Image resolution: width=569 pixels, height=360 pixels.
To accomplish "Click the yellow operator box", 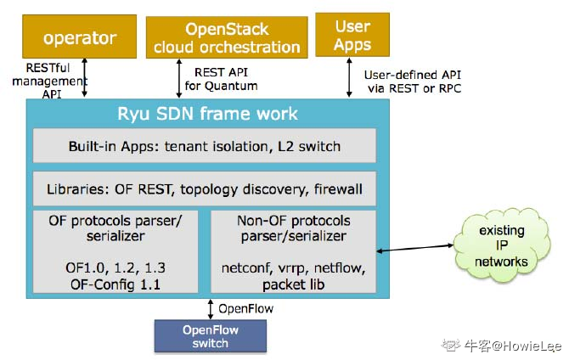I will pyautogui.click(x=79, y=38).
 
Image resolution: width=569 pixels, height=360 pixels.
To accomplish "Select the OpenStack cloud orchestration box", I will pyautogui.click(x=225, y=37).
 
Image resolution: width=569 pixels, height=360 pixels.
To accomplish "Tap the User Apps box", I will pyautogui.click(x=352, y=35).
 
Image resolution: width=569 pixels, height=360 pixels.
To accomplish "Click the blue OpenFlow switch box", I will pyautogui.click(x=210, y=336).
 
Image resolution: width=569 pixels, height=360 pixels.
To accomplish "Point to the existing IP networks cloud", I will pyautogui.click(x=501, y=246).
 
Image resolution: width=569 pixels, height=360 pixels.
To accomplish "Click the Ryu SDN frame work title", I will pyautogui.click(x=207, y=114).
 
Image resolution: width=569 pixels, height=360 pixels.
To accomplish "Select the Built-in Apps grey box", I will pyautogui.click(x=204, y=146).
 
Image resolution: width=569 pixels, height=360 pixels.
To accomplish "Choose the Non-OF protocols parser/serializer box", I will pyautogui.click(x=293, y=251).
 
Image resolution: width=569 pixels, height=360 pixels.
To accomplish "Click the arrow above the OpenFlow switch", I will pyautogui.click(x=210, y=308).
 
